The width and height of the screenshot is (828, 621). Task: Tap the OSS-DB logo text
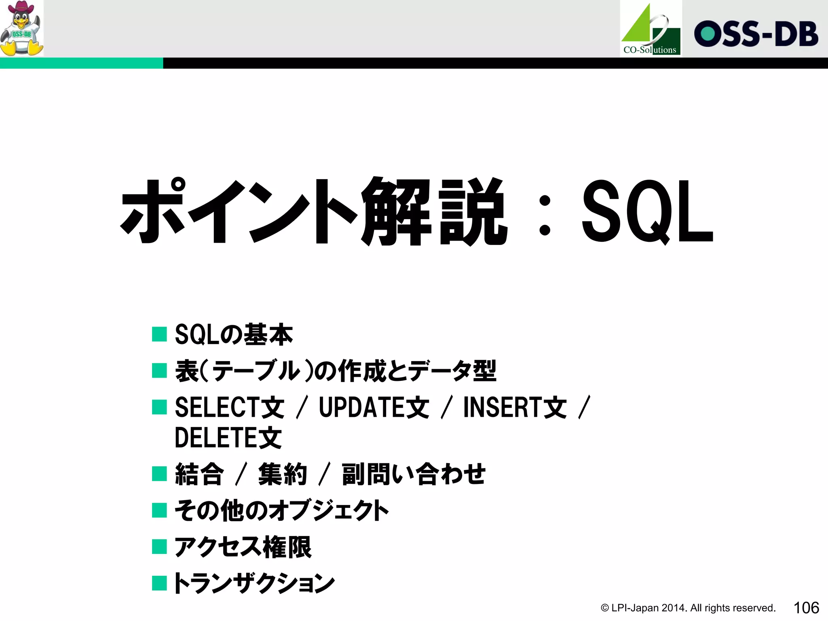click(x=756, y=34)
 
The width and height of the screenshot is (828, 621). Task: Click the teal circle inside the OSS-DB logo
click(x=708, y=34)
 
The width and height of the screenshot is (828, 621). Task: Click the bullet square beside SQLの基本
click(x=159, y=334)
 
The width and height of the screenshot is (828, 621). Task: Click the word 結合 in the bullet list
click(x=199, y=474)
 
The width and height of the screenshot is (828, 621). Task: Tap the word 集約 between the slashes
click(x=283, y=474)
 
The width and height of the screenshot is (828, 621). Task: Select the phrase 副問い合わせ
click(x=413, y=474)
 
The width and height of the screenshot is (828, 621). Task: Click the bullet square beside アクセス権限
click(x=159, y=547)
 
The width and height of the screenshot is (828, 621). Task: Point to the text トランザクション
click(x=254, y=583)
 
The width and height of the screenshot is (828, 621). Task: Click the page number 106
click(x=806, y=608)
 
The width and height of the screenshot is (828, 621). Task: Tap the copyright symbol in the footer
click(x=605, y=608)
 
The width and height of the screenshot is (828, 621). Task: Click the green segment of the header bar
click(x=81, y=63)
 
